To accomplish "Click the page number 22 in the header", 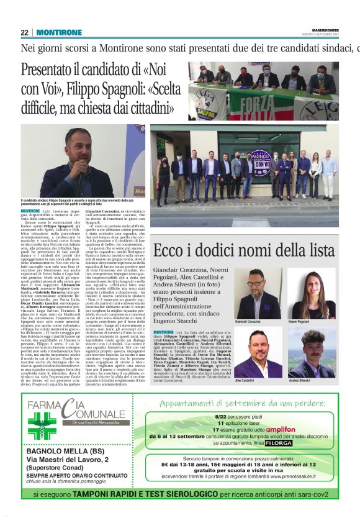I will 25,32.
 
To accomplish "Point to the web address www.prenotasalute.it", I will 281,476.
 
